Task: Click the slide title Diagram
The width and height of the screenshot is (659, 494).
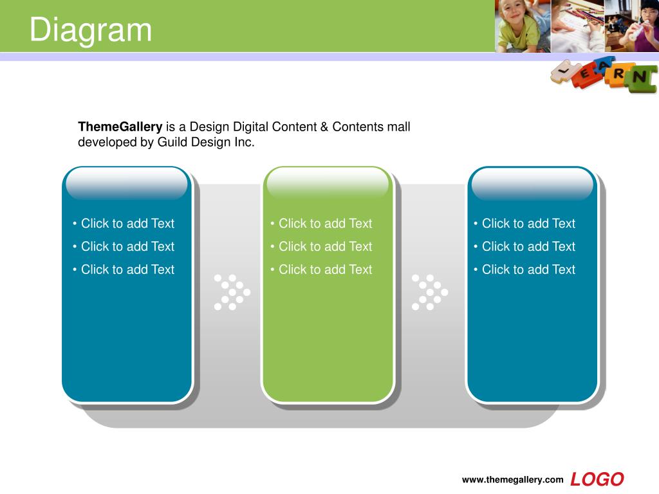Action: [x=90, y=30]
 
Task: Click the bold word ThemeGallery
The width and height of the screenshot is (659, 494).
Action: [x=120, y=127]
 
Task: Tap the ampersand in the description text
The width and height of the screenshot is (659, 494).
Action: [x=324, y=127]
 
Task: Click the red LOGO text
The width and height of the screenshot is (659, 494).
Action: [x=597, y=479]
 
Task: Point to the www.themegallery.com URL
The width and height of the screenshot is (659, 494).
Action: [x=512, y=480]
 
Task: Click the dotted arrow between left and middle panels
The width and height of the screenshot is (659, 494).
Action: [x=232, y=293]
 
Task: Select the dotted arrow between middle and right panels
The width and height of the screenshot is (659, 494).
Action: [x=430, y=293]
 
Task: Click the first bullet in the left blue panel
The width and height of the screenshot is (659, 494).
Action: [x=123, y=223]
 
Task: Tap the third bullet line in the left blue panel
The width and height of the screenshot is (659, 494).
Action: [x=123, y=270]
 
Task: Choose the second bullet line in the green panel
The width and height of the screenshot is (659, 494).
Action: [x=321, y=246]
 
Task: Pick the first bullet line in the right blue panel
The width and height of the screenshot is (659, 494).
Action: [x=524, y=223]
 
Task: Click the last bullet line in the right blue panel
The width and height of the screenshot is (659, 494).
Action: [x=524, y=270]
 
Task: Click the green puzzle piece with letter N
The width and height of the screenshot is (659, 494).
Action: [x=641, y=78]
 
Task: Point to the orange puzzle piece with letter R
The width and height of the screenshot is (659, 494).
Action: [x=618, y=75]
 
